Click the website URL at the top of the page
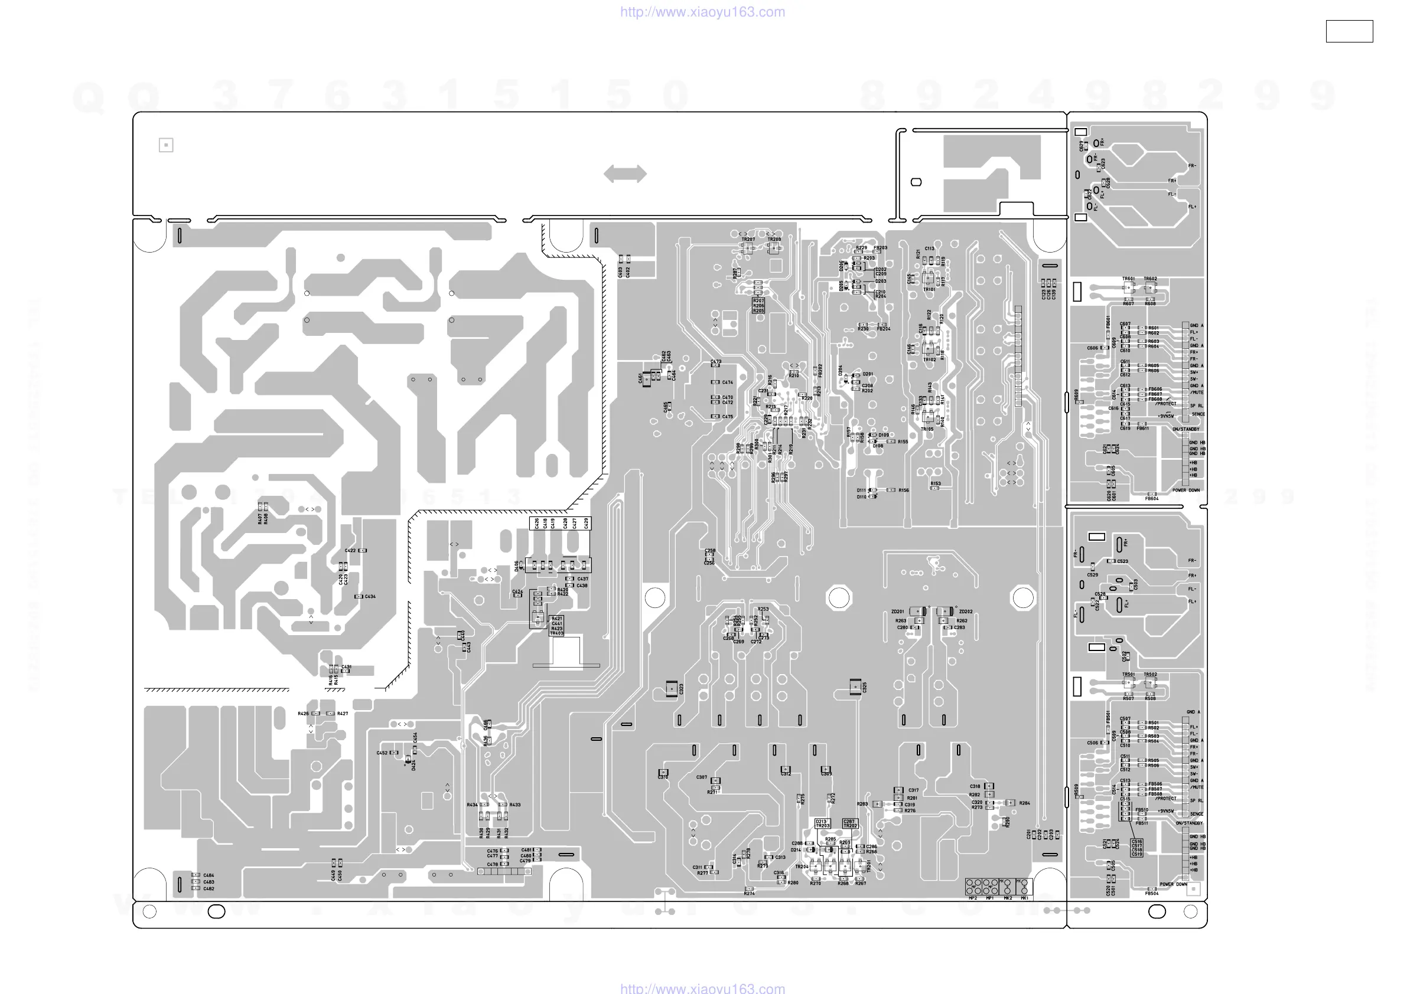tap(702, 12)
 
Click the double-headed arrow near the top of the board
tap(624, 174)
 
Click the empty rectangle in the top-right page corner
tap(1349, 31)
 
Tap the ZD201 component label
tap(897, 612)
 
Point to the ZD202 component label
tap(966, 612)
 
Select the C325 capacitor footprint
tap(855, 686)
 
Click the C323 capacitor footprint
tap(672, 688)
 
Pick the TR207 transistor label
tap(748, 240)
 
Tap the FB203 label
tap(881, 248)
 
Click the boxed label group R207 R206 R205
tap(758, 306)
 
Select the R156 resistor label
tap(903, 490)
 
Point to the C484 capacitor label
tap(209, 875)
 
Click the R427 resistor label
tap(343, 714)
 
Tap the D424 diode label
tap(413, 765)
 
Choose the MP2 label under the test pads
tap(972, 898)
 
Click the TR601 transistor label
tap(1128, 279)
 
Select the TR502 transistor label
tap(1150, 674)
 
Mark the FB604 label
tap(1151, 499)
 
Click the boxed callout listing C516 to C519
tap(1136, 848)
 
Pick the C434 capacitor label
tap(370, 596)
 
